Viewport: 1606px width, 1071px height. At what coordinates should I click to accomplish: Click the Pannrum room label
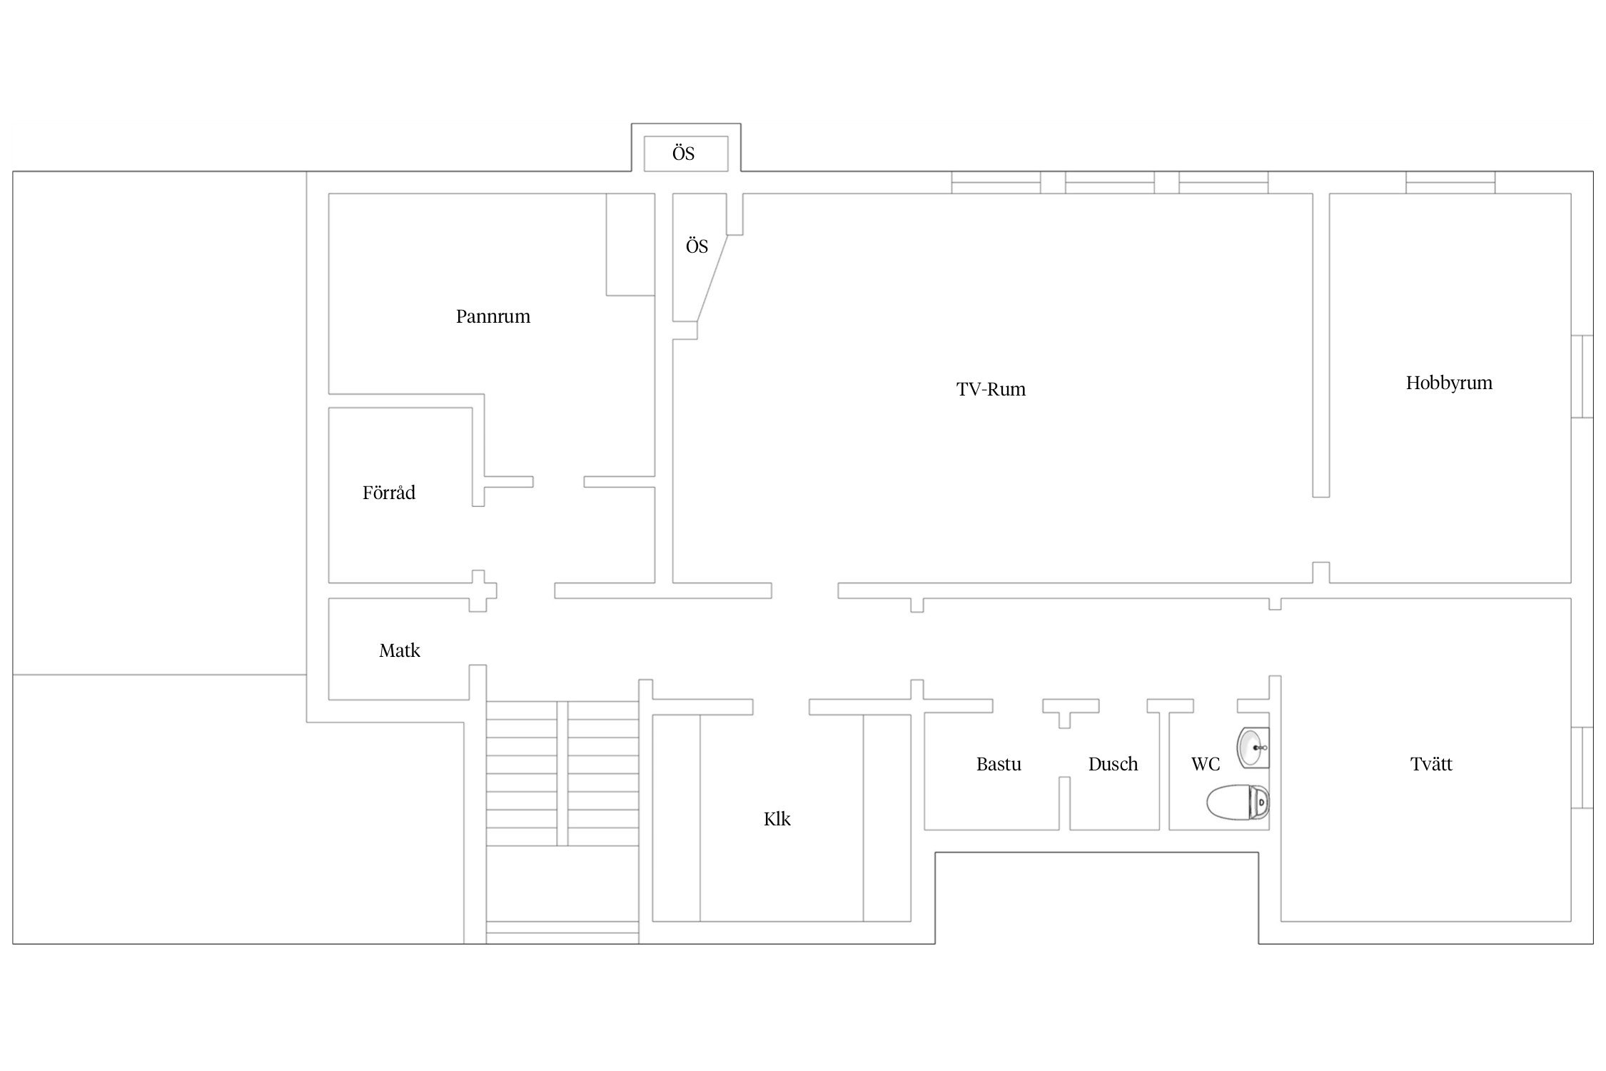point(493,316)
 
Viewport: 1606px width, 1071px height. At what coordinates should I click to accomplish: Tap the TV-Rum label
point(991,389)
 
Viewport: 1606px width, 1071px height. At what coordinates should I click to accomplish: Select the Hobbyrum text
point(1449,383)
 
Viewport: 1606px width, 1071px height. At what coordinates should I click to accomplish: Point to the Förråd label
point(389,493)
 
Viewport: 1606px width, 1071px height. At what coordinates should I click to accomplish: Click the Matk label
point(400,650)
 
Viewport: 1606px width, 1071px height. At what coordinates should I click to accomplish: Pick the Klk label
point(777,819)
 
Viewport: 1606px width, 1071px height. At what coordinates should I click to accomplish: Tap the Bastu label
point(999,765)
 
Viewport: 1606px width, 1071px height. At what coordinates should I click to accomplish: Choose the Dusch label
point(1113,765)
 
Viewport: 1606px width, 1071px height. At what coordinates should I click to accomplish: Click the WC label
point(1206,765)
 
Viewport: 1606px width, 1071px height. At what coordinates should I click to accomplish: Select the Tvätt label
point(1431,764)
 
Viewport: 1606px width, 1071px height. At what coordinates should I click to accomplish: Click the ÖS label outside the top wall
point(684,154)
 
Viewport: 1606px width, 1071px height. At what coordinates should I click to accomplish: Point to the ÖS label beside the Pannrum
point(697,246)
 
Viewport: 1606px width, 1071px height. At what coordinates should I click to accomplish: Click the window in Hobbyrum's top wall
point(1450,183)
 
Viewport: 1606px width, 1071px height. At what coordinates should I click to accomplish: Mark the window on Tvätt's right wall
point(1582,768)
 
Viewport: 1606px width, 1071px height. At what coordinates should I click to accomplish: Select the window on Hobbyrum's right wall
point(1582,376)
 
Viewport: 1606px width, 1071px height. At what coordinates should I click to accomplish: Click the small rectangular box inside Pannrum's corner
point(631,245)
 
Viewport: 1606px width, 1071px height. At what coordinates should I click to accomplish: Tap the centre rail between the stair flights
point(562,773)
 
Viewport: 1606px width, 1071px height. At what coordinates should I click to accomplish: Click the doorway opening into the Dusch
point(1123,706)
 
